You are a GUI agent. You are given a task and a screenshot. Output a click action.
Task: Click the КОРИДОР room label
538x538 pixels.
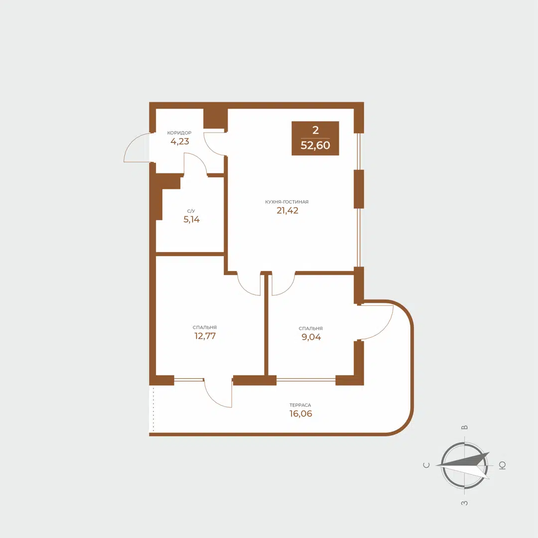pyautogui.click(x=179, y=133)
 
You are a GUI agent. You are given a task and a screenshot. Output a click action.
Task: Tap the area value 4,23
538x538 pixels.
pyautogui.click(x=180, y=141)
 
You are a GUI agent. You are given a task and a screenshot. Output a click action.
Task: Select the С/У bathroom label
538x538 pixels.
pyautogui.click(x=191, y=211)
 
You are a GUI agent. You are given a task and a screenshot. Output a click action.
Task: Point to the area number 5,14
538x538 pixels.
pyautogui.click(x=192, y=219)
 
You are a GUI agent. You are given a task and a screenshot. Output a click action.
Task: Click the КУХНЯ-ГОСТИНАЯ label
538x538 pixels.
pyautogui.click(x=287, y=202)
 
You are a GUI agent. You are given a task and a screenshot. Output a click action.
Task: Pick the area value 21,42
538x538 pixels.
pyautogui.click(x=287, y=210)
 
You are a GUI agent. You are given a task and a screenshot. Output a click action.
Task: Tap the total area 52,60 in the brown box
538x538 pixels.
pyautogui.click(x=315, y=146)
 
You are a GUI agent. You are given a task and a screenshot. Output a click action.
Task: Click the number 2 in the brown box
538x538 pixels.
pyautogui.click(x=315, y=131)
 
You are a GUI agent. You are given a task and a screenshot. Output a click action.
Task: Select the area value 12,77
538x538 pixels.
pyautogui.click(x=205, y=335)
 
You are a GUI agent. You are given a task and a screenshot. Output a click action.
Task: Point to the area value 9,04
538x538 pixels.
pyautogui.click(x=310, y=337)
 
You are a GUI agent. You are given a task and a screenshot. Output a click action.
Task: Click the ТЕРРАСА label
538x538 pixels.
pyautogui.click(x=303, y=405)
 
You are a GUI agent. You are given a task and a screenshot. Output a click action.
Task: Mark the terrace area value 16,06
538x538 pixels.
pyautogui.click(x=303, y=413)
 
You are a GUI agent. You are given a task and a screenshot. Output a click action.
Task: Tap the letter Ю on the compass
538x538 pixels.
pyautogui.click(x=503, y=465)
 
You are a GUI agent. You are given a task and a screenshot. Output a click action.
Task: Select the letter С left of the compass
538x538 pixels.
pyautogui.click(x=426, y=465)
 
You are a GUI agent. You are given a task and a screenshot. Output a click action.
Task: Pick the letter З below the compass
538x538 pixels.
pyautogui.click(x=464, y=503)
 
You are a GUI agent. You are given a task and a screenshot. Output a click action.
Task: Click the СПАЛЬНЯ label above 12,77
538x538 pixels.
pyautogui.click(x=205, y=327)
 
